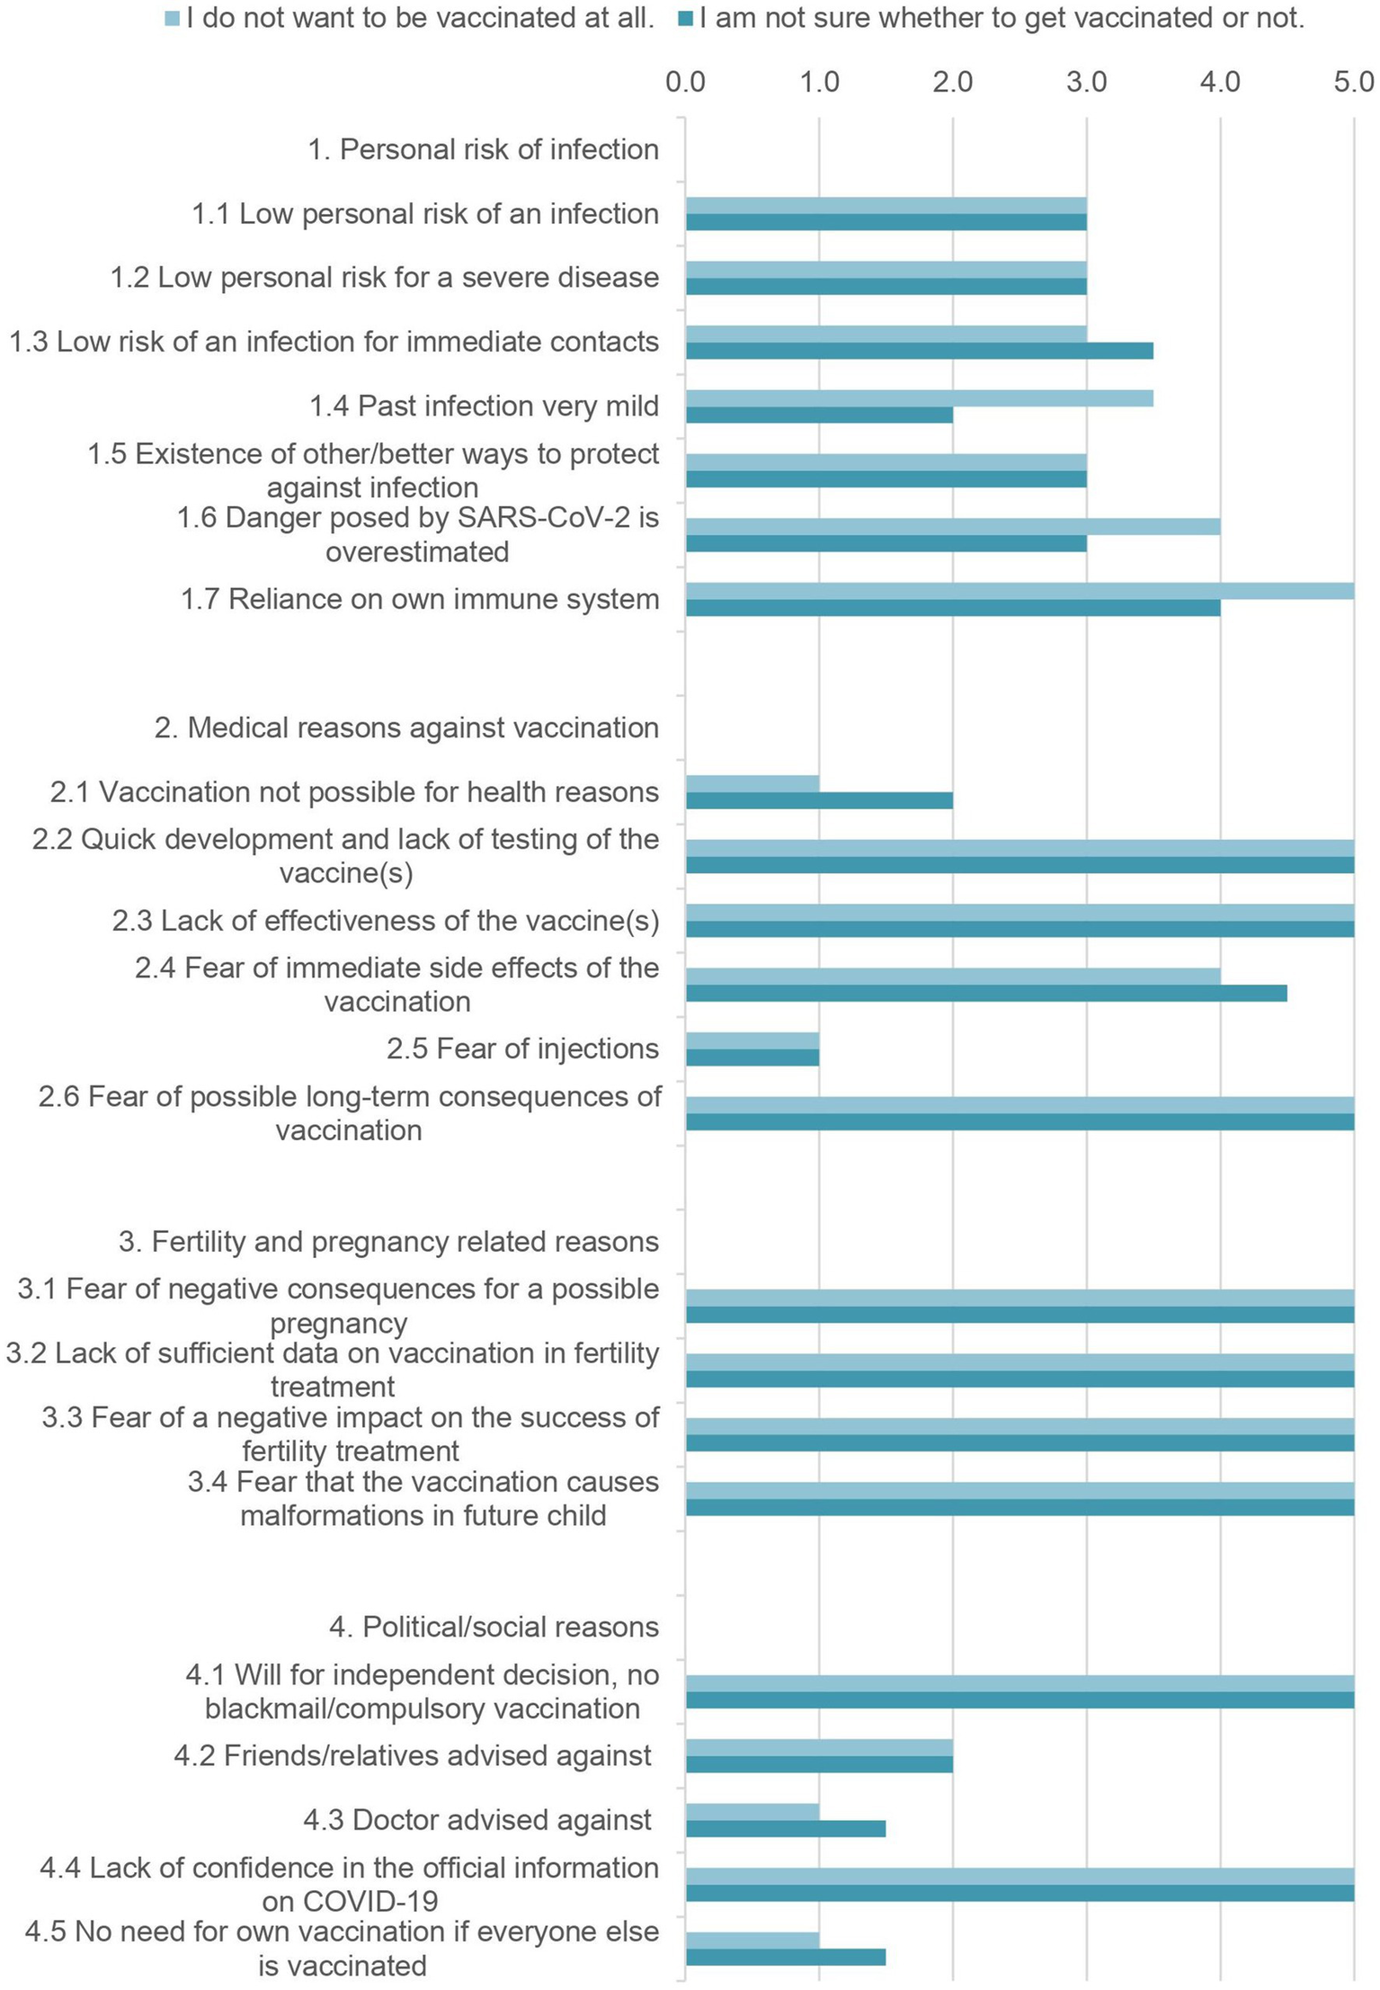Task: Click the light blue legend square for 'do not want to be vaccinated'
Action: tap(173, 19)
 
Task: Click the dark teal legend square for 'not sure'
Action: tap(685, 19)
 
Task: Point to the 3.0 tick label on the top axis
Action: tap(1086, 83)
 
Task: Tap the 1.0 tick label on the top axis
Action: tap(819, 83)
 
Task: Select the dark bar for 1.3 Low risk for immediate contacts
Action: tap(919, 351)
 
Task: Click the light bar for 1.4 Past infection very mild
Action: tap(919, 398)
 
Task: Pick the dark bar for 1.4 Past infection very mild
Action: tap(819, 415)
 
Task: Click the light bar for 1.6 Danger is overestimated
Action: tap(953, 527)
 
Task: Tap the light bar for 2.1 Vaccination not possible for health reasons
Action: tap(752, 783)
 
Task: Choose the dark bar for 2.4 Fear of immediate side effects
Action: tap(986, 994)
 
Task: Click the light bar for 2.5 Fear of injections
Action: tap(752, 1040)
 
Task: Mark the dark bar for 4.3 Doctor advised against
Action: tap(786, 1829)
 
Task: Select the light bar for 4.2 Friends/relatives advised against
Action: tap(819, 1747)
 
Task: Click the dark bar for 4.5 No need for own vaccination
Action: tap(786, 1958)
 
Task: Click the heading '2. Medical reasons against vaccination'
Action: tap(406, 727)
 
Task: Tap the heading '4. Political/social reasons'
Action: tap(494, 1628)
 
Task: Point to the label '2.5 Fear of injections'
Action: tap(522, 1049)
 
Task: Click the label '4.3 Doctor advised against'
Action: tap(476, 1820)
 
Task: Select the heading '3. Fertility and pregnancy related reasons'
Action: tap(388, 1242)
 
